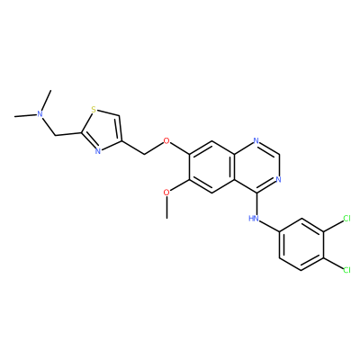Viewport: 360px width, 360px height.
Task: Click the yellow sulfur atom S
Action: [x=94, y=110]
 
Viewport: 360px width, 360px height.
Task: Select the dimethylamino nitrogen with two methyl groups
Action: [x=40, y=113]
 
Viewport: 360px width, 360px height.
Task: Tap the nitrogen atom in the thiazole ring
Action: [x=97, y=151]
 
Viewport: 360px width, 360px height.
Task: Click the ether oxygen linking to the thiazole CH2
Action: [x=166, y=140]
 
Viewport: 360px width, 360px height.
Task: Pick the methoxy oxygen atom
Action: [x=166, y=193]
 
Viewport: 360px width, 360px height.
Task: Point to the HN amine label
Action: [x=254, y=218]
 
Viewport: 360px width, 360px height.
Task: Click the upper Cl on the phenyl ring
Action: [x=346, y=218]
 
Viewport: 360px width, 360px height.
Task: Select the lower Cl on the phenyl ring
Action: [x=346, y=270]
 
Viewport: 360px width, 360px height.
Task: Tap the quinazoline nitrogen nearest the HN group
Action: [x=278, y=180]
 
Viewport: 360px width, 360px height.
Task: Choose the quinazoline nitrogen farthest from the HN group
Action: [x=256, y=140]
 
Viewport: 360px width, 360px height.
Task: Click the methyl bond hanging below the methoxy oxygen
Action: [x=166, y=208]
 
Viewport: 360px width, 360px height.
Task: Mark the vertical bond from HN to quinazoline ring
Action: [x=256, y=203]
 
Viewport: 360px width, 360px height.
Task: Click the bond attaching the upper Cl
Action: [x=333, y=226]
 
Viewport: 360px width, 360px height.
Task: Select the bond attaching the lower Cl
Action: [x=333, y=263]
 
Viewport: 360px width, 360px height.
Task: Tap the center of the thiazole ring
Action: [x=103, y=130]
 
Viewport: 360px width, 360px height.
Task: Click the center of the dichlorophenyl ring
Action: [x=301, y=244]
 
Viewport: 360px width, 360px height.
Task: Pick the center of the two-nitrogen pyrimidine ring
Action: [x=256, y=166]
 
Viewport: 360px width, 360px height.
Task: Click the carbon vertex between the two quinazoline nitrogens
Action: [x=279, y=154]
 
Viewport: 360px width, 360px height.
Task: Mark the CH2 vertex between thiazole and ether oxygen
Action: [x=145, y=154]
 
